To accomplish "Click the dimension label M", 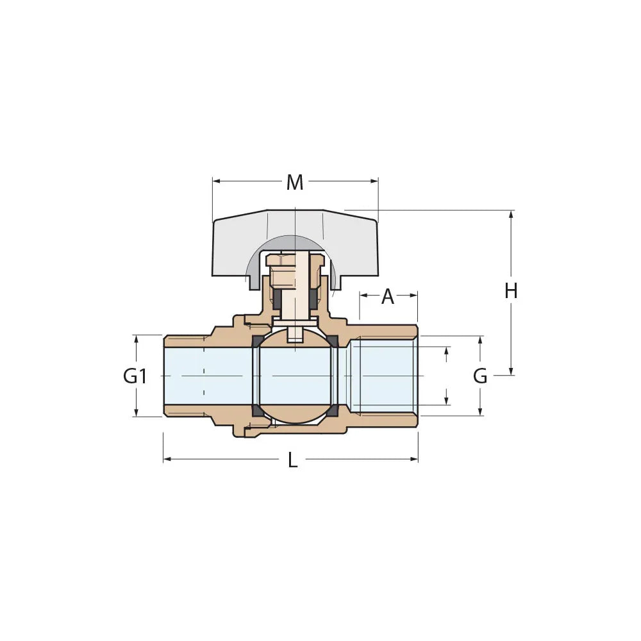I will click(x=294, y=183).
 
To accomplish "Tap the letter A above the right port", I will click(x=388, y=297).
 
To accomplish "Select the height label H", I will click(x=511, y=291).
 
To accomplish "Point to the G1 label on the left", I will click(x=135, y=376).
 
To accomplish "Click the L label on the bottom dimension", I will click(x=292, y=460).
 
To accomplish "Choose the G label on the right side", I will click(x=480, y=376).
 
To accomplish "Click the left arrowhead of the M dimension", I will click(x=216, y=181).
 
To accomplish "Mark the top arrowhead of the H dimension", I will click(x=511, y=214).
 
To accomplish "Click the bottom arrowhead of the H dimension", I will click(x=511, y=371).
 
